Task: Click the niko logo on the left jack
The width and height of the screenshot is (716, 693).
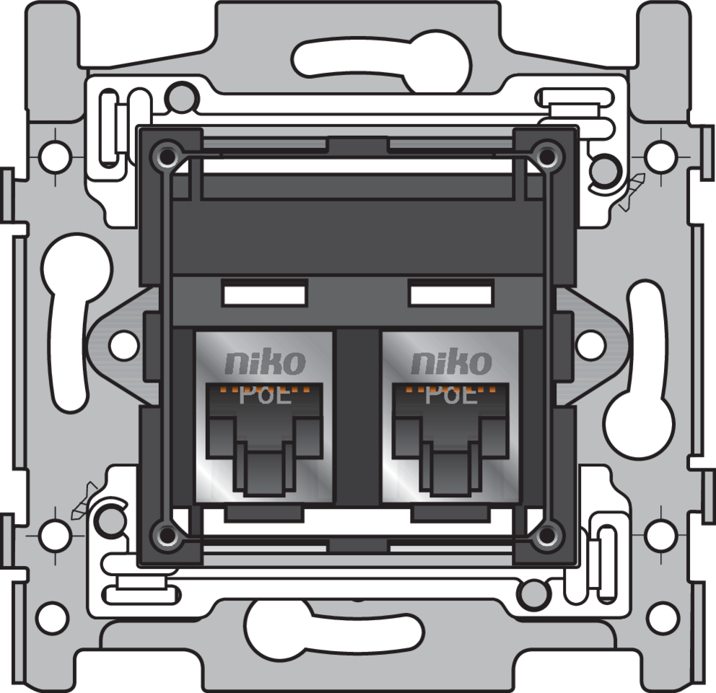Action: pos(266,362)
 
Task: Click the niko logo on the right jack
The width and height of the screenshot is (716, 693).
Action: pos(450,362)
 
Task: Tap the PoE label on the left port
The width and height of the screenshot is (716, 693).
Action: pos(266,396)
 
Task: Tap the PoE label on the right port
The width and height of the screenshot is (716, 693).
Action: pos(450,396)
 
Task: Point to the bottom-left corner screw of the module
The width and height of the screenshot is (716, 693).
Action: pos(167,535)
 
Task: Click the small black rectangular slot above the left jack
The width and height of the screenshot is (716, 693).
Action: pos(264,295)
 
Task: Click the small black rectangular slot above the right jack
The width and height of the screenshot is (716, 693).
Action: pos(450,295)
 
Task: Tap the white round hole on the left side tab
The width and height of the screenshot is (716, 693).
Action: pos(123,345)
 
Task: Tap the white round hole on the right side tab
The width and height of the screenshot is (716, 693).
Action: pos(590,345)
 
